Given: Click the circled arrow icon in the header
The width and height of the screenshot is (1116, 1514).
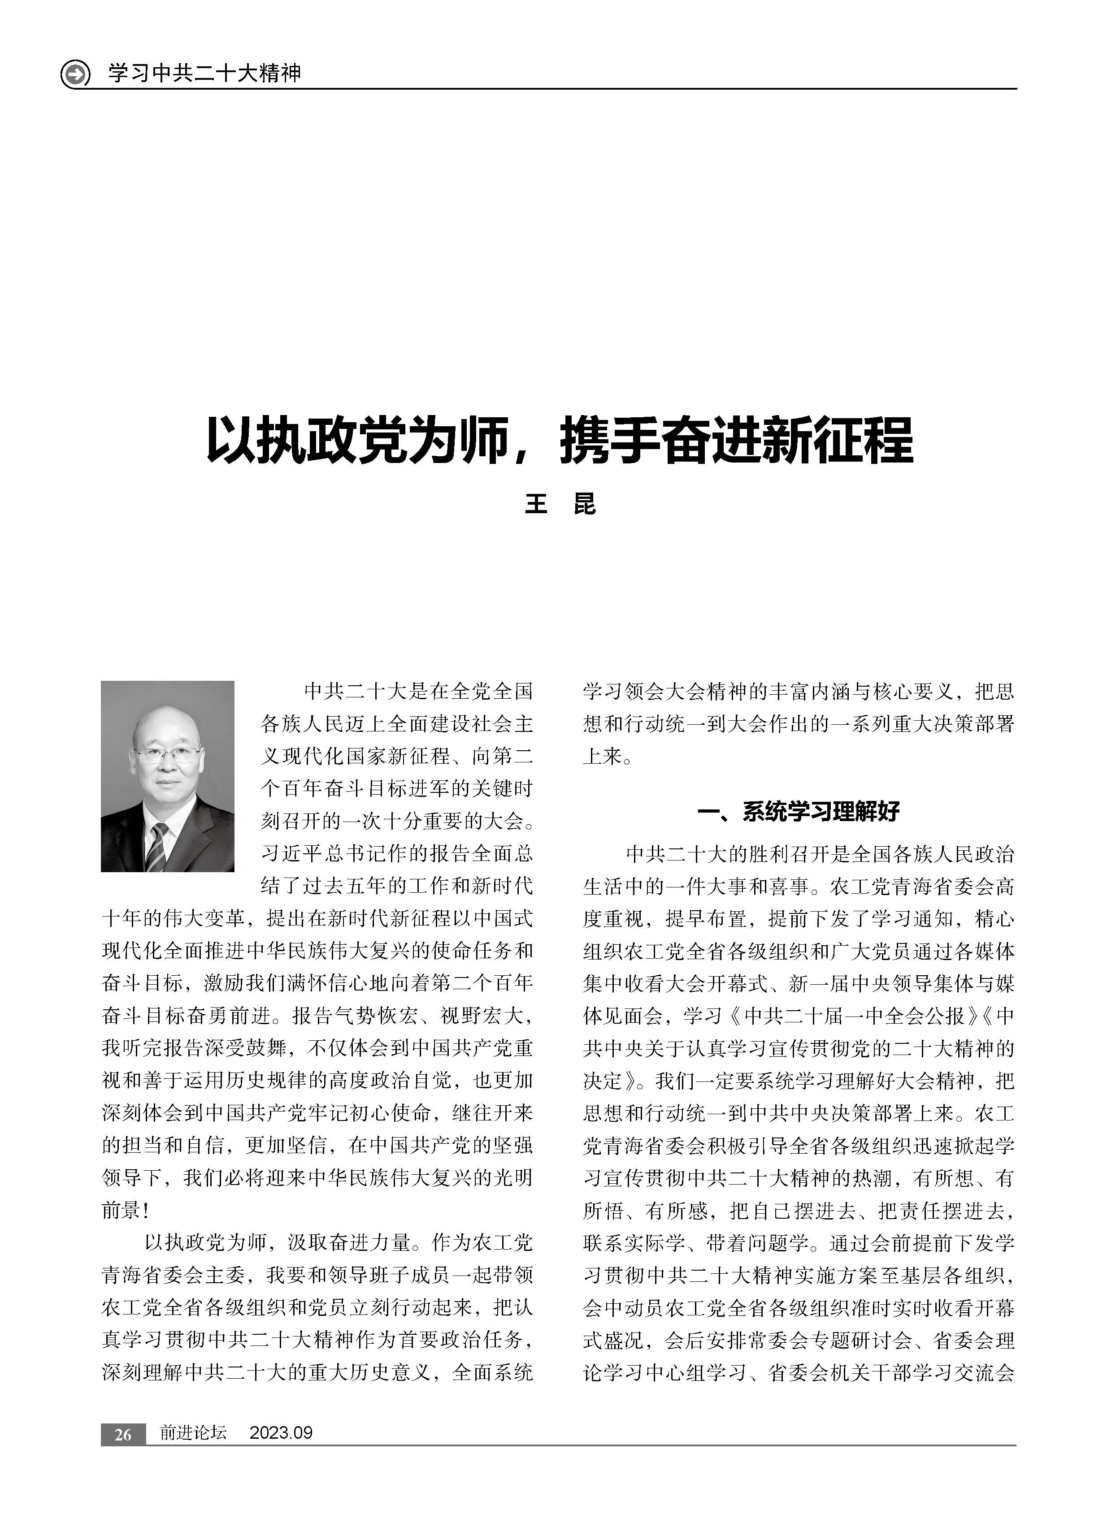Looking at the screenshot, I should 75,74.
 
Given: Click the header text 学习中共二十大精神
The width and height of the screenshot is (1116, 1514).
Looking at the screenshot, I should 204,72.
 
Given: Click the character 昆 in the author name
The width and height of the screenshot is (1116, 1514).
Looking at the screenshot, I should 584,504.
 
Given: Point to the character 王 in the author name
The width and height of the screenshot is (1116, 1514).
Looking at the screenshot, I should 536,504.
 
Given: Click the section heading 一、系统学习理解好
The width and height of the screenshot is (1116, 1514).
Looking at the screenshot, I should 799,811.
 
